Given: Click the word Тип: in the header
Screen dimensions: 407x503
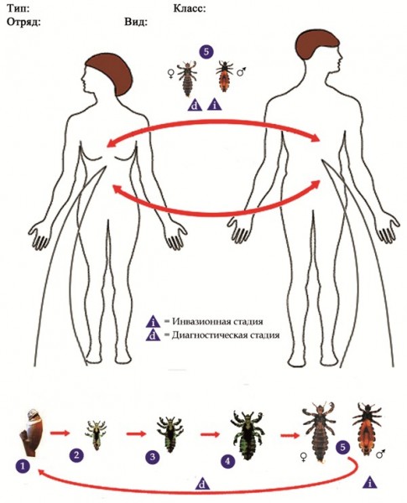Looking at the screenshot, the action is (x=18, y=8).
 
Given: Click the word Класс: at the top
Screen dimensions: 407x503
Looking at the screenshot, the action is (x=190, y=8).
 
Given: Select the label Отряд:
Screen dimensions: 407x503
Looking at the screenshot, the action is (x=23, y=22).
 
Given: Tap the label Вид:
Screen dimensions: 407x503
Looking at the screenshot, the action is (x=136, y=22).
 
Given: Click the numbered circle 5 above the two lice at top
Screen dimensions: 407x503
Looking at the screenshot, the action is (x=206, y=52).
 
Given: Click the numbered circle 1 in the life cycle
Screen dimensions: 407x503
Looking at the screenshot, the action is (x=23, y=466).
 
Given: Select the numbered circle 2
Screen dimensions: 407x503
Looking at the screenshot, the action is (x=76, y=455).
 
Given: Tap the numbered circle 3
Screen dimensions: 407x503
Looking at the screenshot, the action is (x=153, y=457).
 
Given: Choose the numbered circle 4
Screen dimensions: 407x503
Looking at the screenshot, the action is (x=228, y=462).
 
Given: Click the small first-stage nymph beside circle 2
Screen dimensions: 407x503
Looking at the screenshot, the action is (x=97, y=435).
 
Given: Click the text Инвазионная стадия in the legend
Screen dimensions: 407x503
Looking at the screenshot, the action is (x=218, y=321).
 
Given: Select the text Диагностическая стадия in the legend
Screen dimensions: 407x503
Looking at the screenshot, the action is (x=226, y=335).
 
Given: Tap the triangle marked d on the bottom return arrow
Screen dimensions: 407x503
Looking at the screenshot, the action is (x=202, y=483).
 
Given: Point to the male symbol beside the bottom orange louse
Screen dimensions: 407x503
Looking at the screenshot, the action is (x=381, y=454).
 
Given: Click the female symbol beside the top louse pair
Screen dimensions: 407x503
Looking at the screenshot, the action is (x=171, y=75).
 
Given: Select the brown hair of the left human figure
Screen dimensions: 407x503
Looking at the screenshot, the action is (x=109, y=73).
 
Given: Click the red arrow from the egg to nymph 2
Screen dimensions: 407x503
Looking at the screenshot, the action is (x=60, y=433).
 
